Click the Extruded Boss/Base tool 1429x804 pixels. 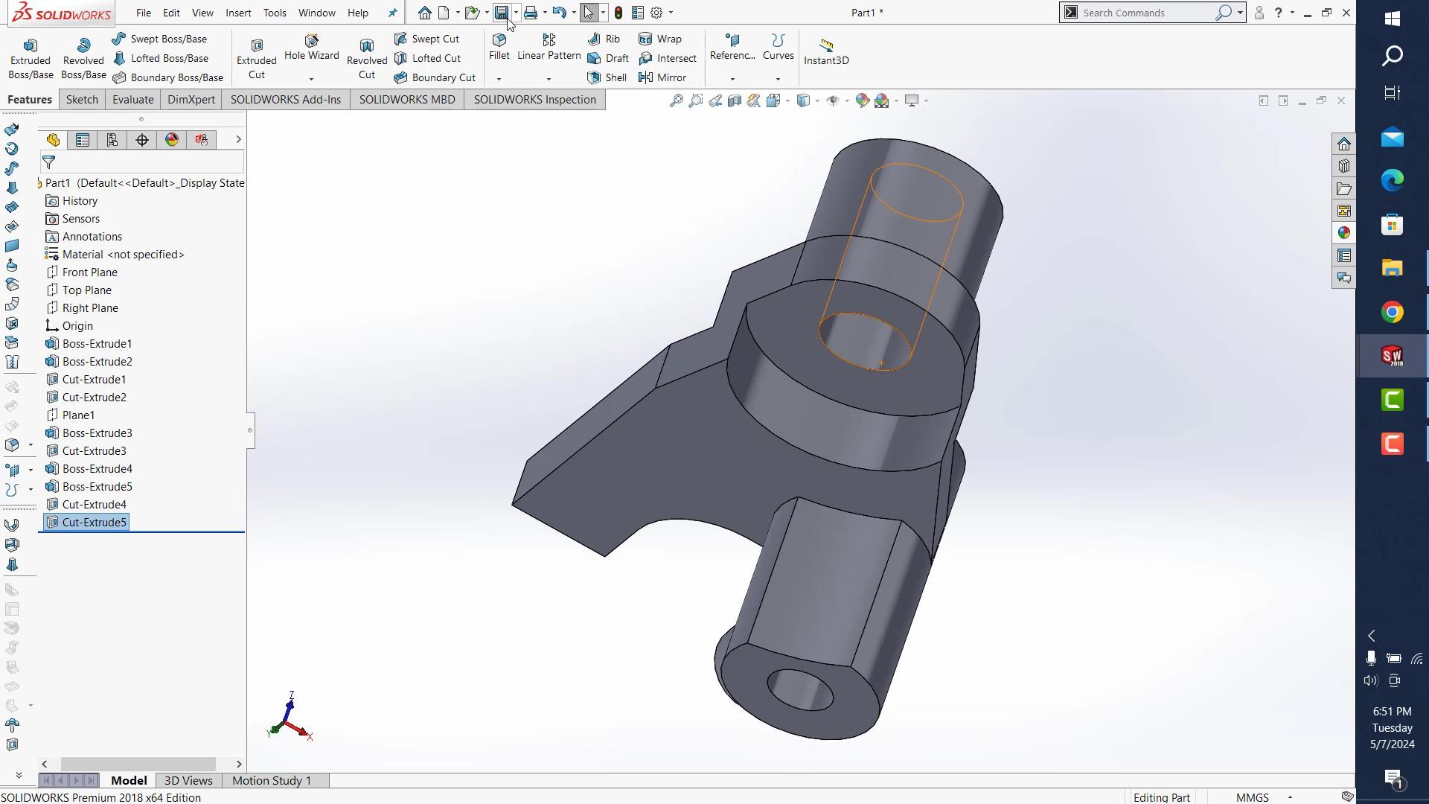(x=31, y=58)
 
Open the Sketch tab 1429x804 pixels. (x=82, y=100)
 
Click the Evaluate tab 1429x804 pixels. (x=132, y=100)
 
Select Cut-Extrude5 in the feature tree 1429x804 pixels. (x=94, y=523)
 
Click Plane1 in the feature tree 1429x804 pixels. (x=78, y=415)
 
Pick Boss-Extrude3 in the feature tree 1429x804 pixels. (x=97, y=433)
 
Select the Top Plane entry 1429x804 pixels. (x=86, y=290)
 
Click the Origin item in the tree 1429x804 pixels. (x=77, y=326)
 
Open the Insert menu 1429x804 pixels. (x=238, y=13)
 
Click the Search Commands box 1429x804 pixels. (x=1146, y=13)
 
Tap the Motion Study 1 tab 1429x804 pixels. (x=272, y=780)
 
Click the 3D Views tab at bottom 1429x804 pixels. (x=188, y=780)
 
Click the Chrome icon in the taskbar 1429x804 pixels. (x=1392, y=312)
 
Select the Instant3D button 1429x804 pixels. (x=826, y=52)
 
